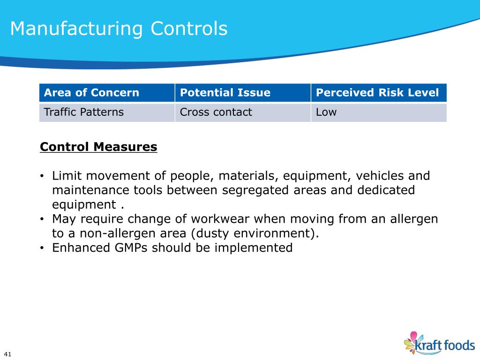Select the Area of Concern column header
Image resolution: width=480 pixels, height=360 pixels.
(x=91, y=92)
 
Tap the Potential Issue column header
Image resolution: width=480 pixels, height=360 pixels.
(x=225, y=92)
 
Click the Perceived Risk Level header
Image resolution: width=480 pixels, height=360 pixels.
(x=377, y=92)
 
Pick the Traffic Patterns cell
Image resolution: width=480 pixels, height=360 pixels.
(x=83, y=112)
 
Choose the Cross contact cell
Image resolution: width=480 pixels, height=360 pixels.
(x=216, y=112)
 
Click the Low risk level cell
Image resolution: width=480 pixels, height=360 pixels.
(x=326, y=112)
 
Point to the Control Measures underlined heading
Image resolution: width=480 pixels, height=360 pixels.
(x=98, y=147)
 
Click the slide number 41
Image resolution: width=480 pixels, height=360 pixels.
(x=7, y=353)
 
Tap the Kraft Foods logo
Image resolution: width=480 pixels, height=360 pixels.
(x=440, y=343)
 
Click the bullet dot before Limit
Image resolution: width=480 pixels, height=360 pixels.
(x=42, y=176)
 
